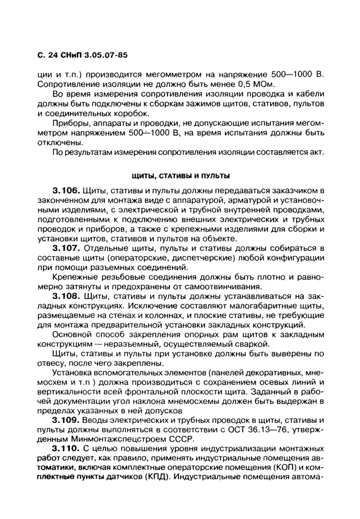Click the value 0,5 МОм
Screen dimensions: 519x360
pyautogui.click(x=253, y=83)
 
